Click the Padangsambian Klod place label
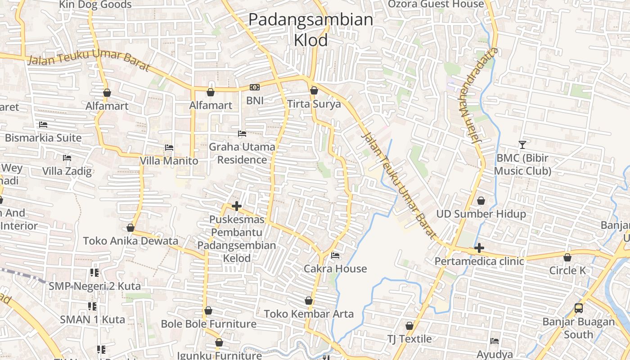(310, 30)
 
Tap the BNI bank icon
(255, 87)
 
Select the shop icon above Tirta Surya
(314, 91)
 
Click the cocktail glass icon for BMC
(522, 145)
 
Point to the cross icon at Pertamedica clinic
(479, 248)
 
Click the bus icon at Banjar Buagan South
(579, 309)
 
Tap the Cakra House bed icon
(335, 256)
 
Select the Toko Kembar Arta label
(309, 314)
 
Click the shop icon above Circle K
(567, 257)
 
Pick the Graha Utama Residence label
(242, 153)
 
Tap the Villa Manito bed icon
(169, 148)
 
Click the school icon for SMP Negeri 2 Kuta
(94, 273)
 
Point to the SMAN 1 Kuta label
(92, 319)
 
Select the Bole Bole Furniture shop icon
(208, 310)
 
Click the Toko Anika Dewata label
(130, 241)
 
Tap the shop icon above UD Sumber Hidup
(481, 201)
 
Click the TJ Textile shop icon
(409, 326)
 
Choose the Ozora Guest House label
(436, 4)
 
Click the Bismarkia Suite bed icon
(43, 124)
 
